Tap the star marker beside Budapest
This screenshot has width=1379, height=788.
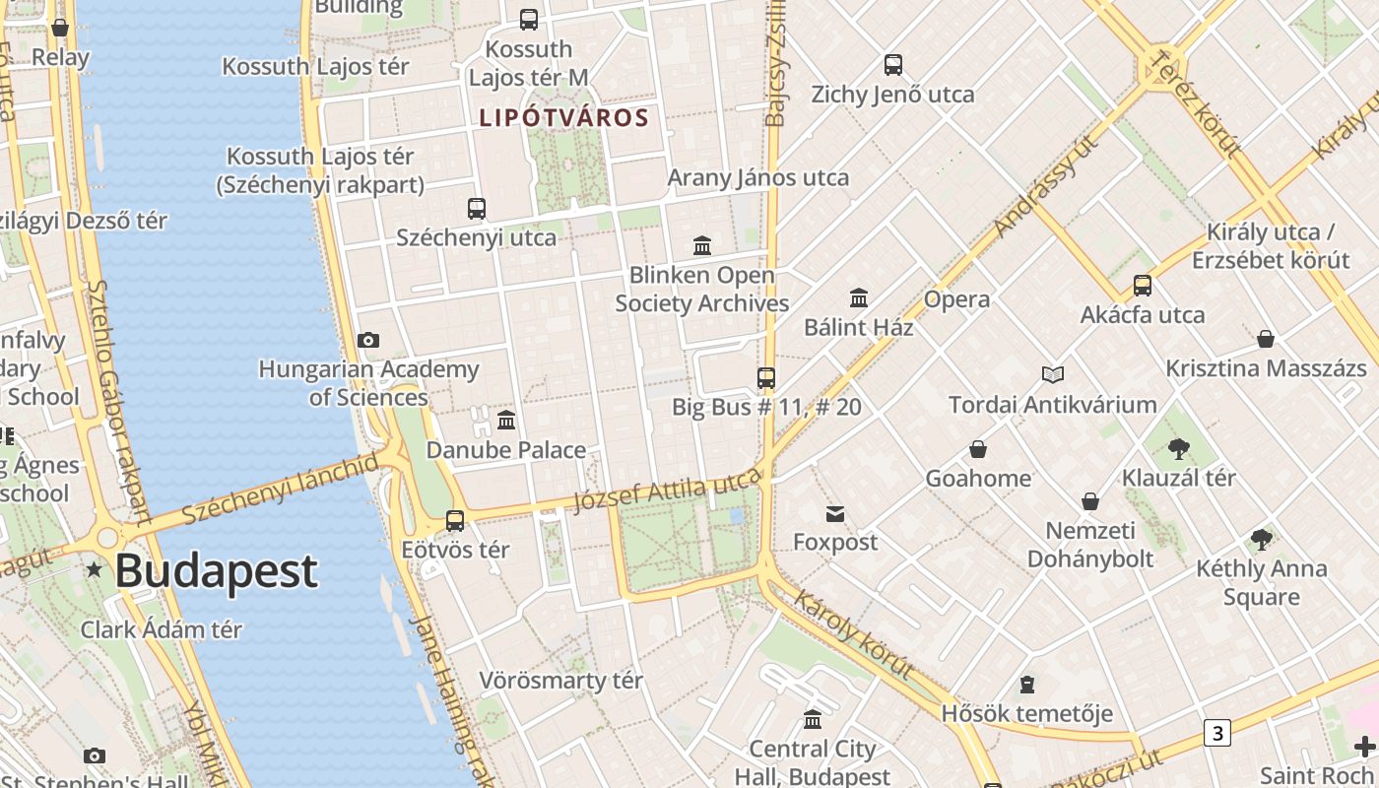click(94, 569)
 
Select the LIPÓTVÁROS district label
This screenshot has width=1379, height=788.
click(563, 118)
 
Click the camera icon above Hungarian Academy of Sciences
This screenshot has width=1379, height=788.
click(368, 341)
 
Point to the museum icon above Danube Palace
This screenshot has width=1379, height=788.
click(506, 421)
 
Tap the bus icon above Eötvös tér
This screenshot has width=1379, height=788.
click(455, 520)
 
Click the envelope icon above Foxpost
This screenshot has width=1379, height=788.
click(835, 513)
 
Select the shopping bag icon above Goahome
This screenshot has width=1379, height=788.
click(978, 449)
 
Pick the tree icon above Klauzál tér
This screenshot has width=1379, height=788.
click(1178, 449)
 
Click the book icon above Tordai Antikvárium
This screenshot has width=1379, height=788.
click(1053, 375)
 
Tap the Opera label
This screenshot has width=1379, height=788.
click(956, 299)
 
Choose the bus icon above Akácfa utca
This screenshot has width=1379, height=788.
click(1143, 286)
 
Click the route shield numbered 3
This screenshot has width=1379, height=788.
click(1218, 733)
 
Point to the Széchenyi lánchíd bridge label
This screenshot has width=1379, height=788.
click(280, 489)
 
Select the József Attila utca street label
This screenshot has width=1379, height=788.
click(667, 491)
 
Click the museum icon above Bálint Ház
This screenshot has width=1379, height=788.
click(859, 298)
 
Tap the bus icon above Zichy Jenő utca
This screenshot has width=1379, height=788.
click(893, 65)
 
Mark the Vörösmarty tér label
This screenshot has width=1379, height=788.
click(560, 681)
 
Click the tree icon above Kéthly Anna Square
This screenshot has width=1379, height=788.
click(1261, 539)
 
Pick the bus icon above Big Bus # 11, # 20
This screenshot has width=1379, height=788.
click(766, 377)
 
